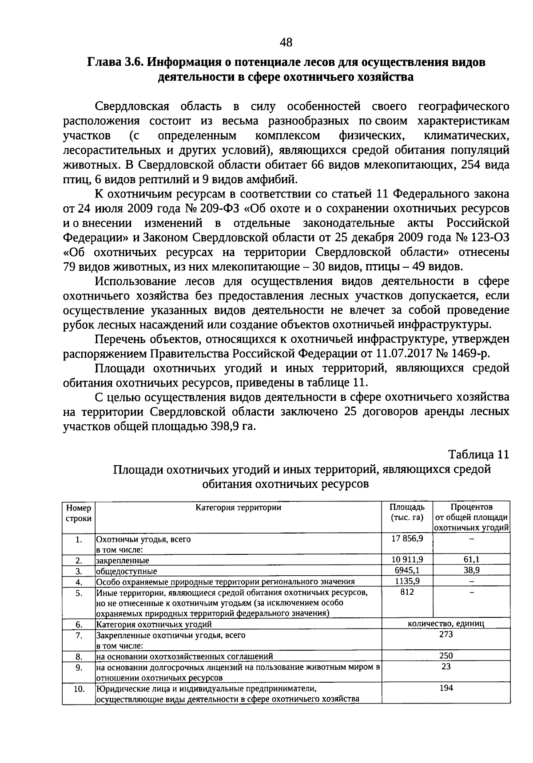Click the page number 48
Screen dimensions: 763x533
click(286, 43)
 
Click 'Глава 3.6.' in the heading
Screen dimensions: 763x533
click(113, 63)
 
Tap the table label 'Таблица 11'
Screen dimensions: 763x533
click(477, 455)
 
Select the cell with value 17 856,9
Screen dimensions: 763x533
click(407, 538)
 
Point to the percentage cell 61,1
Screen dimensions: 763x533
click(471, 559)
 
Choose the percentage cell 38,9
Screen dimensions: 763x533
click(471, 570)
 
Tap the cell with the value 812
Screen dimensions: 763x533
click(407, 592)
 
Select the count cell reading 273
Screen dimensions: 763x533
click(445, 635)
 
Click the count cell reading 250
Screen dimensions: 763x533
click(445, 656)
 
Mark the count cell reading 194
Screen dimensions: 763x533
click(445, 688)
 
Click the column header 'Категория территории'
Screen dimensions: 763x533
click(239, 507)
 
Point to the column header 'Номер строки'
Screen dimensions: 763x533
click(79, 513)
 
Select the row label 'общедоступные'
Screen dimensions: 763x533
click(126, 571)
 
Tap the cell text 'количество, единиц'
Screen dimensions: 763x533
click(445, 624)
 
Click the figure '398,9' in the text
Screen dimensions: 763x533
click(225, 427)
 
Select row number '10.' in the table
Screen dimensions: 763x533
click(79, 689)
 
